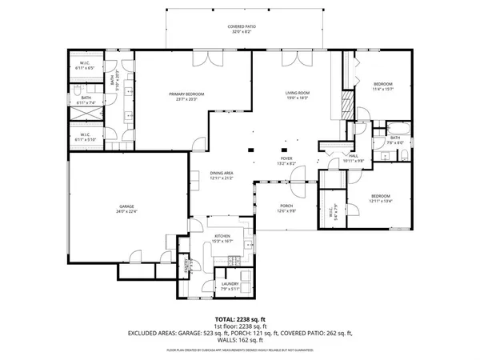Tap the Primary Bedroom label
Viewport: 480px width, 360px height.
[186, 94]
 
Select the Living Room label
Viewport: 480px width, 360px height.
[297, 94]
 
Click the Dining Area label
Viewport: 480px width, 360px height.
[222, 173]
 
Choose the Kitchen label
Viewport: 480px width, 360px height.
[222, 237]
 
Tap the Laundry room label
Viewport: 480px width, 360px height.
[231, 284]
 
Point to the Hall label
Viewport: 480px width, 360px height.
[354, 157]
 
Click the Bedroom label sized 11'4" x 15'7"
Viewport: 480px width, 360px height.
[382, 84]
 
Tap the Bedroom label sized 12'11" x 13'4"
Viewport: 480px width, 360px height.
[380, 196]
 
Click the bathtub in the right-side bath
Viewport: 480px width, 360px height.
[396, 128]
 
